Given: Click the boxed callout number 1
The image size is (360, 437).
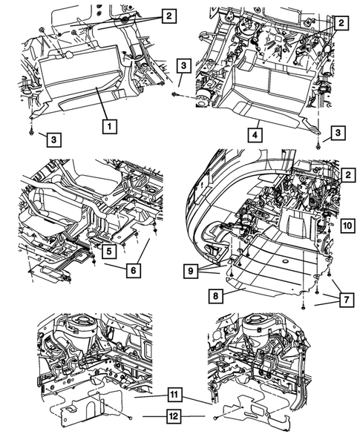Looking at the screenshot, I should [108, 127].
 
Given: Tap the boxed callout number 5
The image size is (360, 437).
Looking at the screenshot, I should [108, 250].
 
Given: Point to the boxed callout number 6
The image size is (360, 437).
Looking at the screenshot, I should [131, 272].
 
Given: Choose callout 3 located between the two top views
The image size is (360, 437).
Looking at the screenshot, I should [183, 66].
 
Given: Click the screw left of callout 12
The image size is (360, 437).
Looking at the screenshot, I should [128, 419].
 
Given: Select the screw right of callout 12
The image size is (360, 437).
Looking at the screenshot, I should [216, 419].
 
